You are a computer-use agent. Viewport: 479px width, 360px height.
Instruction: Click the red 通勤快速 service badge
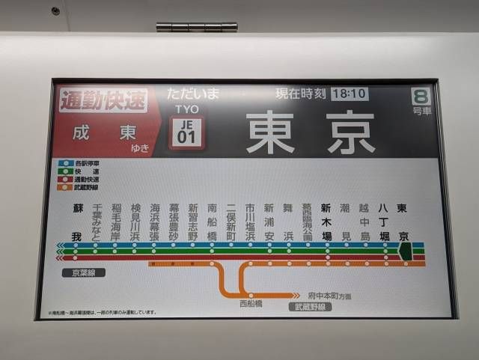point(103,100)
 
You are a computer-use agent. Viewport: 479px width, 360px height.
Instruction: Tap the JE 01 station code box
point(186,133)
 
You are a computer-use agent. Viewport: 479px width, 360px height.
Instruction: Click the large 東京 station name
point(311,132)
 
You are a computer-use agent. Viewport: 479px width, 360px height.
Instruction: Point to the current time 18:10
point(349,94)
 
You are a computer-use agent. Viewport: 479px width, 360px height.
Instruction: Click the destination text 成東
point(105,133)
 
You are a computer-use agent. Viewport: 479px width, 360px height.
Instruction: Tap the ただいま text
point(193,94)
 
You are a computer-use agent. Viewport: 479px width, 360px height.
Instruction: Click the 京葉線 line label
point(83,272)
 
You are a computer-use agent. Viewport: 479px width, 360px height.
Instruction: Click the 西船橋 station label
point(251,305)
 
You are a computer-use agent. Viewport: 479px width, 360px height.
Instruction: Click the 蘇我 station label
point(76,222)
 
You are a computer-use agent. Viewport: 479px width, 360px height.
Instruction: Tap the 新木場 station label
point(326,222)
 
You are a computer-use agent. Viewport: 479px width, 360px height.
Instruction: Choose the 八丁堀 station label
point(384,222)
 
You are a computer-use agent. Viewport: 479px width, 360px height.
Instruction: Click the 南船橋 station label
point(213,222)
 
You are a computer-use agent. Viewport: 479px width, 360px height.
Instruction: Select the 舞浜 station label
point(288,222)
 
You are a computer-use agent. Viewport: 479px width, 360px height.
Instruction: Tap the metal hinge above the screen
point(197,27)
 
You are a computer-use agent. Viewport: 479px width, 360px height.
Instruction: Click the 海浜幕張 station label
point(155,222)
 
